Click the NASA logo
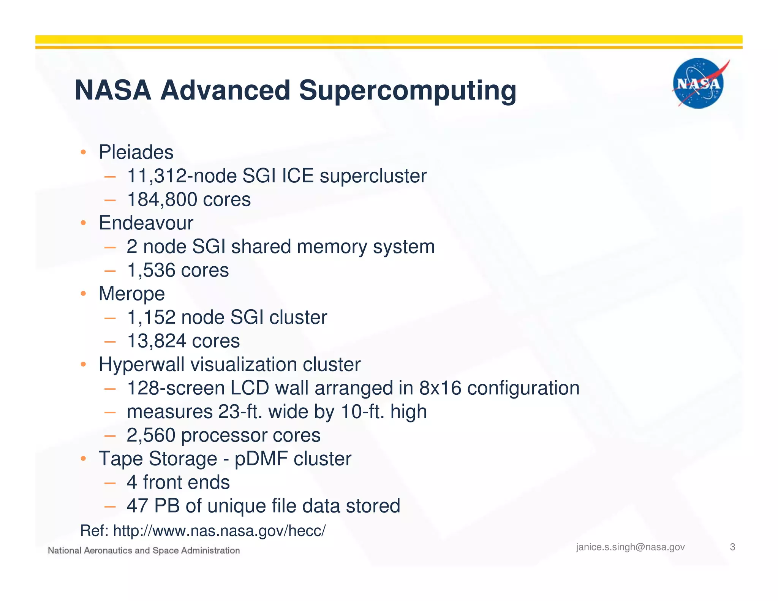pyautogui.click(x=698, y=84)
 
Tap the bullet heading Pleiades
pyautogui.click(x=136, y=152)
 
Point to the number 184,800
pyautogui.click(x=162, y=200)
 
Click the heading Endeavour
pyautogui.click(x=146, y=223)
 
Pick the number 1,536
pyautogui.click(x=151, y=270)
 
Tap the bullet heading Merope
pyautogui.click(x=131, y=294)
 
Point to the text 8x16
pyautogui.click(x=440, y=388)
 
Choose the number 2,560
pyautogui.click(x=151, y=435)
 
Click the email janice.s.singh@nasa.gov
pyautogui.click(x=630, y=547)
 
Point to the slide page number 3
pyautogui.click(x=732, y=547)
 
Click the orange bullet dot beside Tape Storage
pyautogui.click(x=83, y=459)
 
